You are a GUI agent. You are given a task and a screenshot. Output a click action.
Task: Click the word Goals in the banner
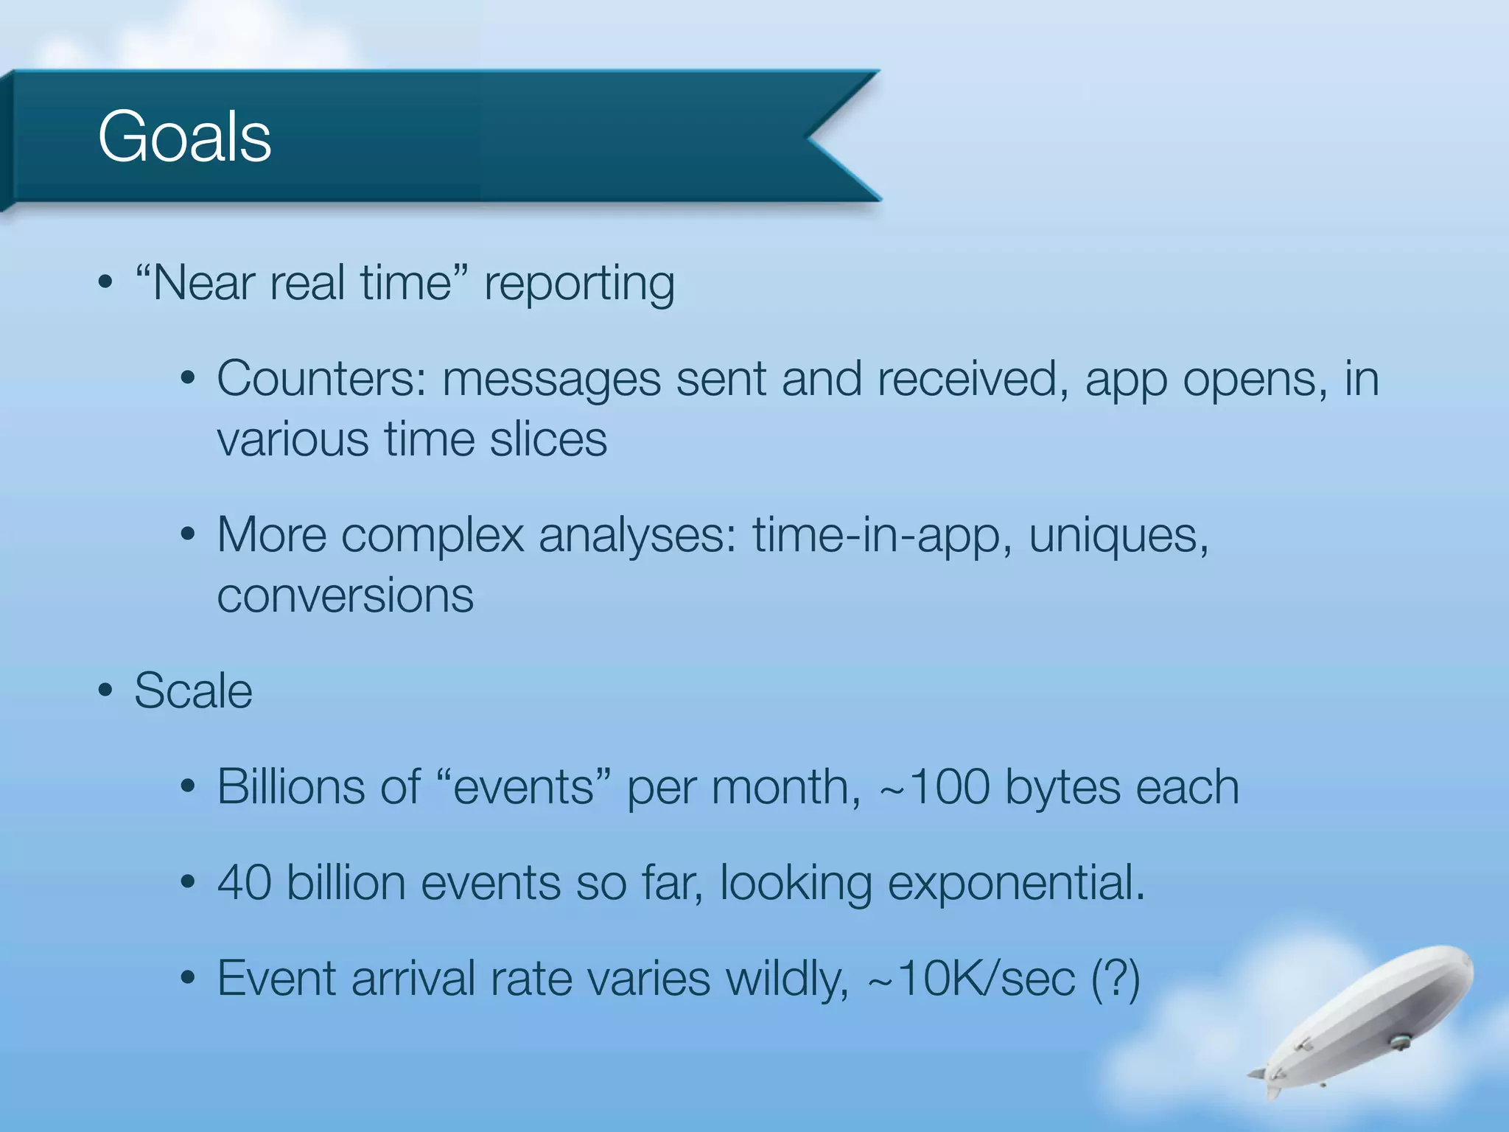point(184,137)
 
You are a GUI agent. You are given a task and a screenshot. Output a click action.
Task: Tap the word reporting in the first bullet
point(579,284)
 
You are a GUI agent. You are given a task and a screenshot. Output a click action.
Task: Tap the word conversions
point(345,595)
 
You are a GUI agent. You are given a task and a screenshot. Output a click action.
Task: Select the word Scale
point(193,691)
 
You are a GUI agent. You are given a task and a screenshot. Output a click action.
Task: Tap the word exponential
point(1015,884)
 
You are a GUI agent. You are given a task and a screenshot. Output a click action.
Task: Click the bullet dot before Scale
point(105,691)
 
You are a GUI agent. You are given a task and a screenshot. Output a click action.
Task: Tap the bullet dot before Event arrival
point(188,979)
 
